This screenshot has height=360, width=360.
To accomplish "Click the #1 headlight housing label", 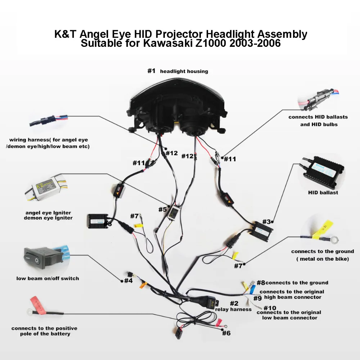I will click(x=177, y=71).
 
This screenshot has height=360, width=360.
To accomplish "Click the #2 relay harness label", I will click(x=234, y=306).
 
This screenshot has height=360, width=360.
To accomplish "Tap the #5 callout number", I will click(x=162, y=209).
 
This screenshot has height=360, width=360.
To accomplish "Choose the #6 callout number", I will click(x=226, y=333).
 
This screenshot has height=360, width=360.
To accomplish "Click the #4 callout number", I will click(x=129, y=280).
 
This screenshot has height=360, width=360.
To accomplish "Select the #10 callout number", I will click(x=270, y=308).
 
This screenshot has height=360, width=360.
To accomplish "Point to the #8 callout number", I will click(x=261, y=283).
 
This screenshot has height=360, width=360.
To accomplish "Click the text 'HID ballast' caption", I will click(x=323, y=193).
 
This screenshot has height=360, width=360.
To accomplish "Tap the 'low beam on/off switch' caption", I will click(x=48, y=278).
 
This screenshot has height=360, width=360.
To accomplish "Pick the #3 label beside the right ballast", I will click(x=266, y=222).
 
